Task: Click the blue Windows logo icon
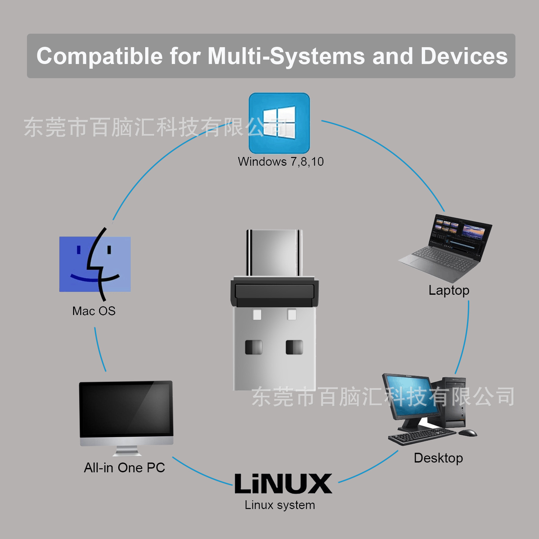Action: (x=279, y=123)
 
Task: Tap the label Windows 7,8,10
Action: (x=281, y=162)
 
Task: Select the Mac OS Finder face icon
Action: (x=95, y=264)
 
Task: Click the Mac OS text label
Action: (x=94, y=311)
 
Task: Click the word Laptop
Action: (x=449, y=290)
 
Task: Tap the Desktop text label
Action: (x=438, y=458)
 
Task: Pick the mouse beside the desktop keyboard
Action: (x=468, y=433)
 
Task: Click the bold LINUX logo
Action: (x=283, y=484)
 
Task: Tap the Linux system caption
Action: (x=280, y=505)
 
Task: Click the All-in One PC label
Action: (x=124, y=468)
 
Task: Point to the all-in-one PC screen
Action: (x=126, y=409)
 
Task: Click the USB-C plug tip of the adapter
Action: (x=274, y=253)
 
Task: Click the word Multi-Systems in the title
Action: (x=286, y=56)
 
